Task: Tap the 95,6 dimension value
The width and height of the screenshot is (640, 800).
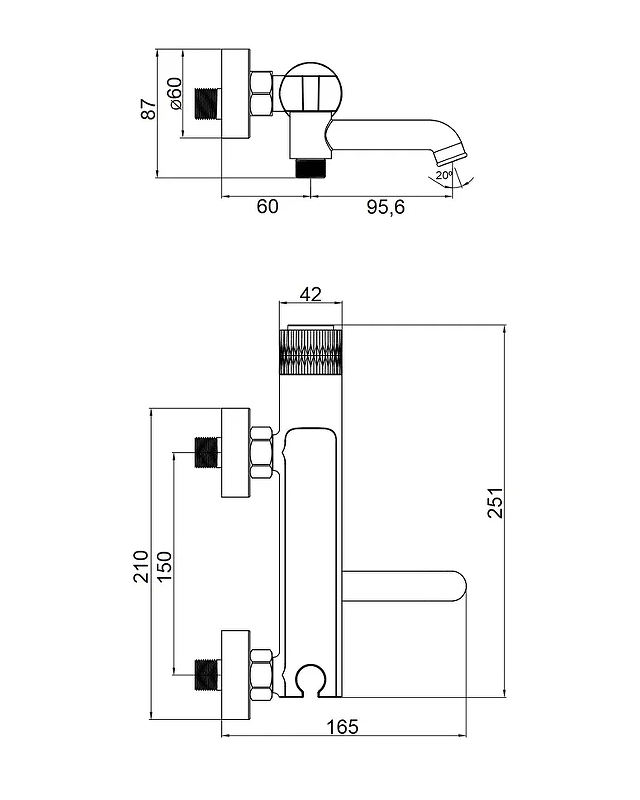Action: pyautogui.click(x=384, y=207)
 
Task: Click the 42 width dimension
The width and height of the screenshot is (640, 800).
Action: pyautogui.click(x=310, y=294)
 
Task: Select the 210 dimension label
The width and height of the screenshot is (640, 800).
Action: pyautogui.click(x=141, y=566)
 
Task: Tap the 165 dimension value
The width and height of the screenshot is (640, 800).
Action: pyautogui.click(x=342, y=727)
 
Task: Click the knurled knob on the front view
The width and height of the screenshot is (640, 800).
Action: pyautogui.click(x=311, y=351)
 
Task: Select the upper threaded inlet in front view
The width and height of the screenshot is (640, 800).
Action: pyautogui.click(x=207, y=454)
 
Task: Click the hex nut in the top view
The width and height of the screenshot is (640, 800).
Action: pyautogui.click(x=262, y=94)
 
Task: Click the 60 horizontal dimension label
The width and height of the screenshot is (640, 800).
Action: pyautogui.click(x=267, y=207)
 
